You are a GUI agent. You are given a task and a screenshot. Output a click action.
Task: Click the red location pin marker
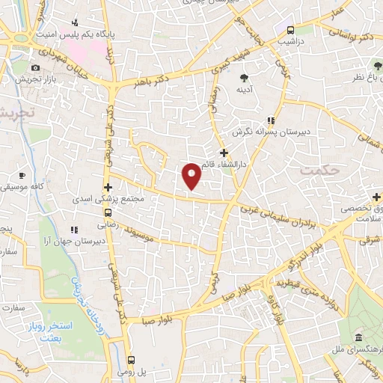click(x=192, y=175)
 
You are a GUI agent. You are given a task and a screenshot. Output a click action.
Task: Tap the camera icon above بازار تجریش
click(x=36, y=68)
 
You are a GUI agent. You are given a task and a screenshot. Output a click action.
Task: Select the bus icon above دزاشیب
click(x=290, y=30)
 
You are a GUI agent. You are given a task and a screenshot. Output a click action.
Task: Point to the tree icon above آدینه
click(x=244, y=76)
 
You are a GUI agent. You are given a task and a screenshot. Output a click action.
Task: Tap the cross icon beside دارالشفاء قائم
click(x=224, y=152)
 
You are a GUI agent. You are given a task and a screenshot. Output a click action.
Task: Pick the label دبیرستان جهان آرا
click(x=44, y=241)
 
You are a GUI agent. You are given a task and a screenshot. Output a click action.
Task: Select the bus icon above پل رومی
click(x=132, y=360)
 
